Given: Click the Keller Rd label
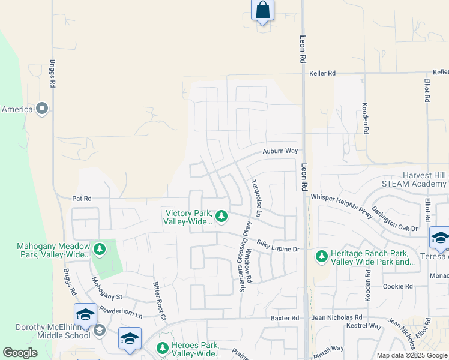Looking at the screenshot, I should point(322,73).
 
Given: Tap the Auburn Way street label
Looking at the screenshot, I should point(280,152).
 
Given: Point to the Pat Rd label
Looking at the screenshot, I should point(81,197).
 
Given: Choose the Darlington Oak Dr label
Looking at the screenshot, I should point(395,220).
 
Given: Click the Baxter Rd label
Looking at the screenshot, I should point(285,317).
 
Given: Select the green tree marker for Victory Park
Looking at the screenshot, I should point(221,216).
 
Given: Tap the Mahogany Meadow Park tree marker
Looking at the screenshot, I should point(99,248).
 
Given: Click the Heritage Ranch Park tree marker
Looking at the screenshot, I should point(322,257).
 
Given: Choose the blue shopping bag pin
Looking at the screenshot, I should point(262,10).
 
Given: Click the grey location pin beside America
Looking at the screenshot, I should point(42,109).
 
